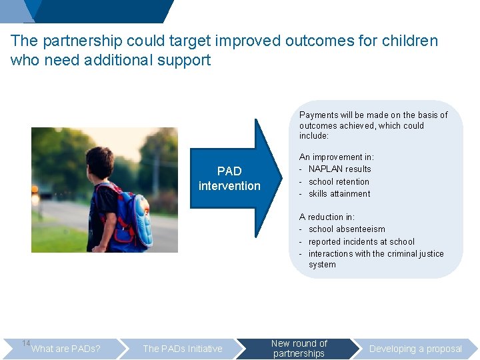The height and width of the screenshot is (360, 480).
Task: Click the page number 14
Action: (26, 343)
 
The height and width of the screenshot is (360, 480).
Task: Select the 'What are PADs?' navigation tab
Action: (66, 349)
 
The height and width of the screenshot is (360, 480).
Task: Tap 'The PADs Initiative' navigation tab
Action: (183, 349)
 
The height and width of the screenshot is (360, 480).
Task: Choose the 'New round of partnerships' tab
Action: (299, 349)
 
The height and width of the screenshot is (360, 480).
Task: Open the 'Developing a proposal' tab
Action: (415, 349)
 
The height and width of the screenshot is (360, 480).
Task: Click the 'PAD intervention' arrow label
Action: (229, 179)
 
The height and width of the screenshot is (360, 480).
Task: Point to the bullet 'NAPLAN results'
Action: (339, 169)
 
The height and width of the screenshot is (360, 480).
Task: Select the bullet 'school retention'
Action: (339, 181)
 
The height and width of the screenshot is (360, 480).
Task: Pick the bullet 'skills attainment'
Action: (339, 194)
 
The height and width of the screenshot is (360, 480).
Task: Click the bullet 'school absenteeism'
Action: (347, 229)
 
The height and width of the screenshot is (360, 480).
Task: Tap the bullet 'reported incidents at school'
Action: (361, 242)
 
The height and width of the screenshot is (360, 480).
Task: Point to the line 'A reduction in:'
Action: (327, 217)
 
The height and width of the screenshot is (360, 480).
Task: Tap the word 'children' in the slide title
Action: (410, 41)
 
